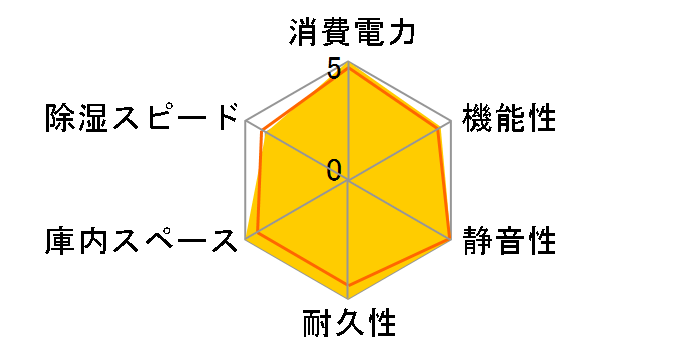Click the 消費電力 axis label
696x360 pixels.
point(347,34)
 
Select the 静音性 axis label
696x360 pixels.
point(508,241)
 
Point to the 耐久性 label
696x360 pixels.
point(348,324)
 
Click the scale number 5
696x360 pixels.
point(333,70)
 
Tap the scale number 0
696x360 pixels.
point(333,169)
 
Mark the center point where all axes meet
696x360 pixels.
point(348,180)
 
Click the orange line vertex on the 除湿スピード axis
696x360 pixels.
point(262,131)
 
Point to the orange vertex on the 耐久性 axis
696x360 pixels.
point(348,285)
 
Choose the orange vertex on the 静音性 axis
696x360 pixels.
point(449,238)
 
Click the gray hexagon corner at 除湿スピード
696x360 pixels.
point(246,121)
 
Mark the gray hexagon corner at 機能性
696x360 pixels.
point(450,121)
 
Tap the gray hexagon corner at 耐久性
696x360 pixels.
point(348,298)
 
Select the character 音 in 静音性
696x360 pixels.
point(508,241)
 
